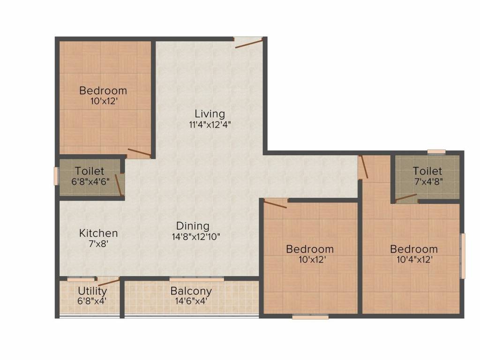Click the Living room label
point(210,113)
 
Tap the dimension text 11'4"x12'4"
point(210,125)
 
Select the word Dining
point(193,225)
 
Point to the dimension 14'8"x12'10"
point(196,237)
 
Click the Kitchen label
point(98,233)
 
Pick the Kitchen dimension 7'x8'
point(98,244)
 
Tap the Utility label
point(92,291)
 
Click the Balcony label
point(191,291)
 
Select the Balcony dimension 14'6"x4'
point(191,301)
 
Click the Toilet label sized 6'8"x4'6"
point(90,172)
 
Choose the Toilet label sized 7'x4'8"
point(427,171)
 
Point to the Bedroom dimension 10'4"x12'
point(414,260)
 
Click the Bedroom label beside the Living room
point(103,90)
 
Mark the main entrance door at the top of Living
point(248,43)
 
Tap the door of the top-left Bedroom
point(139,153)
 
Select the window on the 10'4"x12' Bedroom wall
point(463,255)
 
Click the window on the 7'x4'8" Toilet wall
point(436,151)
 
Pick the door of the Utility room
point(108,281)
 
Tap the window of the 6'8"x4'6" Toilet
point(56,176)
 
